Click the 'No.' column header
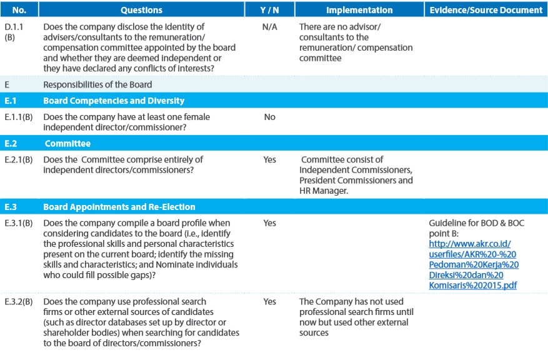19,10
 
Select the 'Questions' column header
142,10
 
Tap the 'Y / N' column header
269,10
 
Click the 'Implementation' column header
359,10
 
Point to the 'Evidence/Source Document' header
486,10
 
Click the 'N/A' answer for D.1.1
269,27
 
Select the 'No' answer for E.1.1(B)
269,117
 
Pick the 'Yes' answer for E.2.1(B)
269,160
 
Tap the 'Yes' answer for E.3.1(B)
269,223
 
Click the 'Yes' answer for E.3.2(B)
269,302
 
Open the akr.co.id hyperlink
474,264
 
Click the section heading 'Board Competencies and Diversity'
114,101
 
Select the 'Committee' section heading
67,144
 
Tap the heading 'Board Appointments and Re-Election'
119,207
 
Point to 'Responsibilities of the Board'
97,84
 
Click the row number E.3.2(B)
19,302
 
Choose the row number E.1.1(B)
19,117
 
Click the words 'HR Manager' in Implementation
323,191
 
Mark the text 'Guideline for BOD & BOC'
476,223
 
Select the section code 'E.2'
11,144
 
